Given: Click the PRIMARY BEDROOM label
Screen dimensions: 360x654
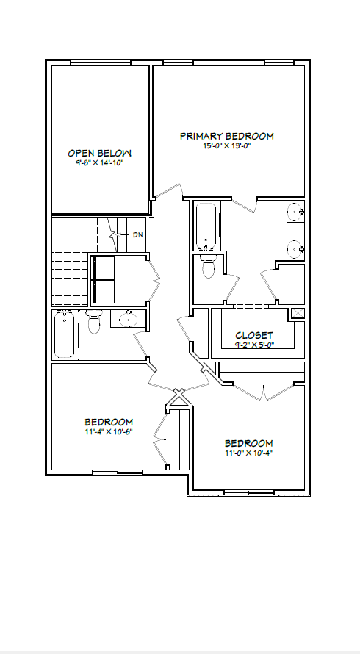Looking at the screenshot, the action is point(227,136).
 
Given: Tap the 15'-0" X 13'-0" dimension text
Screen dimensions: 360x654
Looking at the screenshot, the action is point(226,146).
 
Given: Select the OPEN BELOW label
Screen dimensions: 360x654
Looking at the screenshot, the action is point(100,153).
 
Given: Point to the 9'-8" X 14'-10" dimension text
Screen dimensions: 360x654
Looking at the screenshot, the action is point(100,162).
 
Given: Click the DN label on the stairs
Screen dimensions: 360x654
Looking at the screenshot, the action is point(137,235).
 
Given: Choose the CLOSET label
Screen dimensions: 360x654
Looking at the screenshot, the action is point(254,335).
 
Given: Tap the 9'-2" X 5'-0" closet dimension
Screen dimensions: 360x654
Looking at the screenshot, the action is point(254,345).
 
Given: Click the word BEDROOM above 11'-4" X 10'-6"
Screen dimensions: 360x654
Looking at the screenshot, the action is point(109,422).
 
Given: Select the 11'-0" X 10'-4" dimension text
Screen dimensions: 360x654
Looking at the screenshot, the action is point(249,453).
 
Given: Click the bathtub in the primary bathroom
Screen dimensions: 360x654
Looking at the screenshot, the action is point(206,226).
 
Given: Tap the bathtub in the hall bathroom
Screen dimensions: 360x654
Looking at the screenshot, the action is point(65,334).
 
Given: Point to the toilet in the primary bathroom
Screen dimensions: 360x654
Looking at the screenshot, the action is point(208,266).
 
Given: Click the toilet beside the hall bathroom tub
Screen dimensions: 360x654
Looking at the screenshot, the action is point(94,322).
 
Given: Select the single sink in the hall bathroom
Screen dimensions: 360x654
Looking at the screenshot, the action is point(128,320).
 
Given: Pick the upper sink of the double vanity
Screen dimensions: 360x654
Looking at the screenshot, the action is point(296,212).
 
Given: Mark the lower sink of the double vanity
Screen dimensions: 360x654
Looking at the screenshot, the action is point(296,249).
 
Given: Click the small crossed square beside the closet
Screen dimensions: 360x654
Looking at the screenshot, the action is point(298,313).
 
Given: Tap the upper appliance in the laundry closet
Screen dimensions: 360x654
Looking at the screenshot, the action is point(103,267).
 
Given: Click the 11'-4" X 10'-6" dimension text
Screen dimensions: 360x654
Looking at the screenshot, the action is point(109,431).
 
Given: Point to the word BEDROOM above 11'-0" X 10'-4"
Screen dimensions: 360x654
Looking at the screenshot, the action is point(249,443).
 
